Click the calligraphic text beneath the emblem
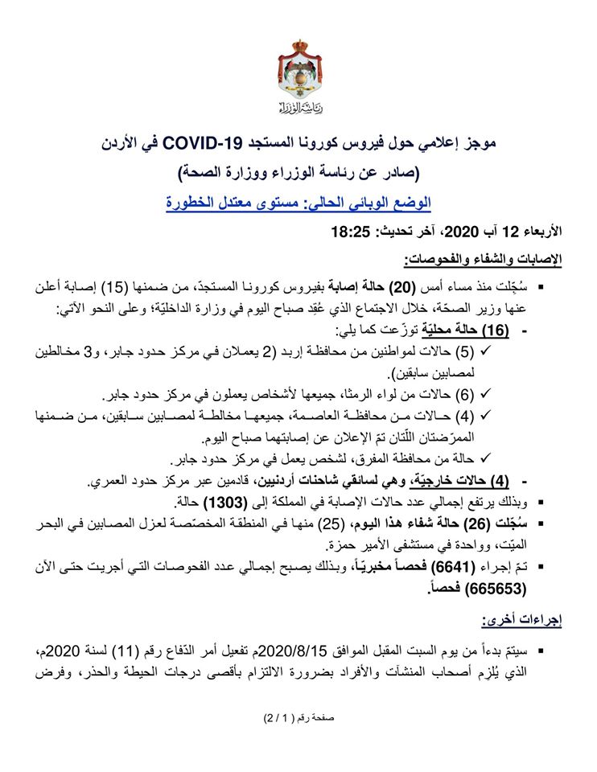298,108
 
